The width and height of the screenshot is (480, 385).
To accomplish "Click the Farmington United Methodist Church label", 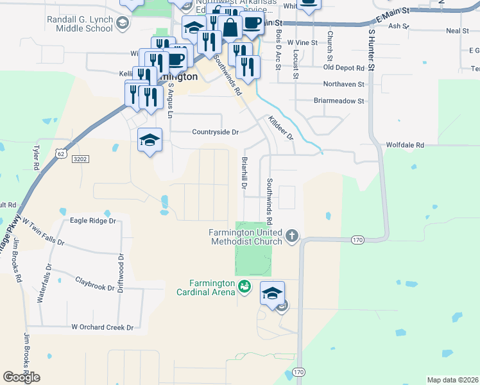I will (246, 237).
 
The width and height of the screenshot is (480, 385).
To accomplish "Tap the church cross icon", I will (292, 236).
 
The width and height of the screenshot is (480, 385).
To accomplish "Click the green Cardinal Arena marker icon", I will (244, 286).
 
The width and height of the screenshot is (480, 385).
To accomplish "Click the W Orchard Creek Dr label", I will (102, 327).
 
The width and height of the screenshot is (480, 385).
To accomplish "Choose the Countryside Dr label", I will (215, 132).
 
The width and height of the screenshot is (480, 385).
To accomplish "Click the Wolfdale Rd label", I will (405, 146).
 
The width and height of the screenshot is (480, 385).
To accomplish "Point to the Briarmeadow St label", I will (339, 101).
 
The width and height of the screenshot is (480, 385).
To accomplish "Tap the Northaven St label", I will (343, 84).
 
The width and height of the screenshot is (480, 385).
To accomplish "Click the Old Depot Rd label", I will (344, 67).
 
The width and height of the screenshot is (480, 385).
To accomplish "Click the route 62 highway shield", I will (60, 154).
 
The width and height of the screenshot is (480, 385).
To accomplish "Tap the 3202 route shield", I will (80, 158).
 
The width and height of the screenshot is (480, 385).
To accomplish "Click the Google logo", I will (21, 377).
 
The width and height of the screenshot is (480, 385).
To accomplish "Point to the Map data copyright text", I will (452, 380).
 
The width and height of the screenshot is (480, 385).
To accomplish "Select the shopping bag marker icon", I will (229, 27).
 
